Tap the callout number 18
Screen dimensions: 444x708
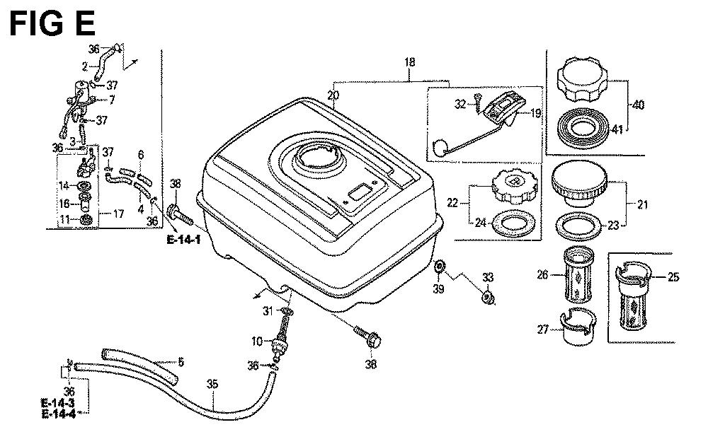pyautogui.click(x=409, y=63)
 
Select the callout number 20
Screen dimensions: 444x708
pyautogui.click(x=333, y=95)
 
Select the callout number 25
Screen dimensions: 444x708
pyautogui.click(x=673, y=277)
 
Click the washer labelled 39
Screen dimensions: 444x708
pyautogui.click(x=439, y=266)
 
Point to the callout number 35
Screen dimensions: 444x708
pyautogui.click(x=212, y=385)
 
